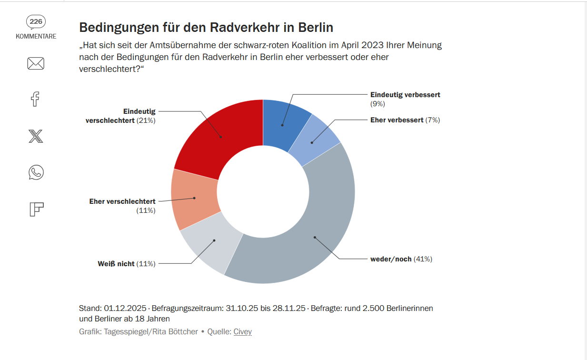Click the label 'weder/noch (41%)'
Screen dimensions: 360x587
pos(401,259)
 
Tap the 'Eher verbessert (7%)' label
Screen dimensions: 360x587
pos(405,120)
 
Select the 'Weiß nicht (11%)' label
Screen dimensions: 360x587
pos(127,263)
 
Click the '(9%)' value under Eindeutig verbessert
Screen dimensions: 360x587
pos(378,103)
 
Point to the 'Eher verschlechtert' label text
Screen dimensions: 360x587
pos(122,201)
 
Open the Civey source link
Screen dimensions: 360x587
pos(242,331)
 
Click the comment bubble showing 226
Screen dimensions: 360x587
pos(36,21)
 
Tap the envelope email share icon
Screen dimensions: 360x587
pos(36,63)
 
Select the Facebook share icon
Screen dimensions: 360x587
pos(35,99)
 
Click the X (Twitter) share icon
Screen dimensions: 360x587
pos(36,136)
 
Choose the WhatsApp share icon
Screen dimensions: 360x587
pos(36,172)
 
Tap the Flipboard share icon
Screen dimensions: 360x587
pos(36,209)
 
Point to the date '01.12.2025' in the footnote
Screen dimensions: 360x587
pos(125,308)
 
